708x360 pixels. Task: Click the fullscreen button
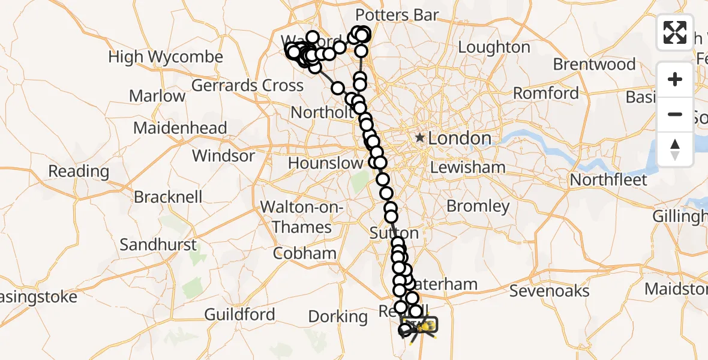(x=675, y=32)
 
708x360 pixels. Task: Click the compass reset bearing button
(x=675, y=149)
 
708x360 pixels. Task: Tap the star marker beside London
(x=419, y=139)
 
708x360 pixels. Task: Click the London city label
(x=460, y=139)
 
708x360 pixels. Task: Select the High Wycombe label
(x=166, y=58)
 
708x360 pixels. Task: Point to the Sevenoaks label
(x=549, y=291)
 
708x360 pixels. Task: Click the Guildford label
(x=239, y=314)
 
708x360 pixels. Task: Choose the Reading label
(x=79, y=171)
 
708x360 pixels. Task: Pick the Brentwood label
(x=594, y=64)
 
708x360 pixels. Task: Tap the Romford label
(x=546, y=94)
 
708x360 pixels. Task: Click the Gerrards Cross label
(x=247, y=86)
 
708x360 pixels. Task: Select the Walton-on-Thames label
(x=301, y=217)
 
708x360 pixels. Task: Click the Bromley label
(x=478, y=206)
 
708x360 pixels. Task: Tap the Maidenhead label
(x=180, y=128)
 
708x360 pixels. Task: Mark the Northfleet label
(x=608, y=180)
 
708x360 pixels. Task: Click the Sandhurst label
(x=158, y=245)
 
